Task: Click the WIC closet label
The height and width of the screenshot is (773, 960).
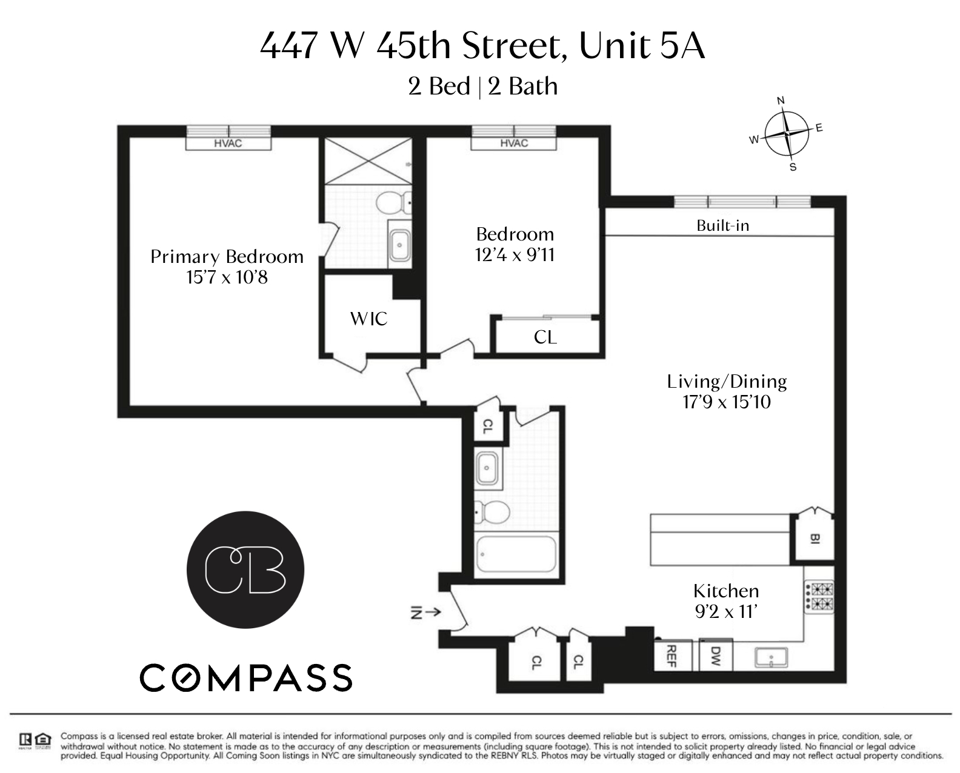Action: tap(369, 319)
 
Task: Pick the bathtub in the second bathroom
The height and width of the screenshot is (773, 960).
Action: tap(516, 554)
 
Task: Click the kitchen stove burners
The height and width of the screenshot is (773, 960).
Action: tap(819, 596)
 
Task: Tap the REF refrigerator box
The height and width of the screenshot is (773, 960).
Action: tap(673, 655)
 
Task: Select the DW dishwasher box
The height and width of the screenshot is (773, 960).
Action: tap(716, 655)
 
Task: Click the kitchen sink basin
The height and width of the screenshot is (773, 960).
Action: tap(771, 657)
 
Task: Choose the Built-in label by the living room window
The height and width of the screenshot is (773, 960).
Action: tap(722, 225)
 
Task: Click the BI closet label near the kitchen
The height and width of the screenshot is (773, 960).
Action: tap(815, 539)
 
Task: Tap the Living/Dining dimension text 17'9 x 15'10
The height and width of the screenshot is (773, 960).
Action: tap(727, 402)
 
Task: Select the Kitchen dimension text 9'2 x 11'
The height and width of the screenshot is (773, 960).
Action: tap(727, 611)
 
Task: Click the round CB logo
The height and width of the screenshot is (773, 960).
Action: tap(245, 570)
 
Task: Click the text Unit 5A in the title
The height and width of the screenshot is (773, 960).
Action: tap(642, 46)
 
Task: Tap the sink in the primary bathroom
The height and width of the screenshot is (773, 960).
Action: tap(400, 245)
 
